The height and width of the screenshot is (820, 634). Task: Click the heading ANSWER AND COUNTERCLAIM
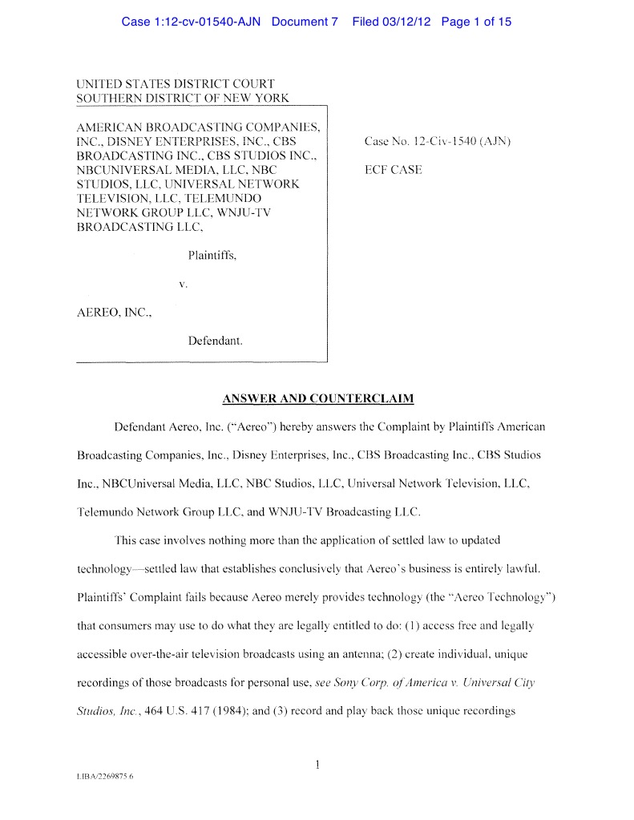click(317, 398)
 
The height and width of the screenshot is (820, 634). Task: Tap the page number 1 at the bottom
click(317, 765)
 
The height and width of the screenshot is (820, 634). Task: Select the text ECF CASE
click(393, 170)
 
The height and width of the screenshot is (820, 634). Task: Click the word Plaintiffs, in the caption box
click(212, 256)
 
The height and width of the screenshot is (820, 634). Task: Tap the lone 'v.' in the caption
click(183, 284)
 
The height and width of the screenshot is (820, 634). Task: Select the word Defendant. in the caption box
click(215, 341)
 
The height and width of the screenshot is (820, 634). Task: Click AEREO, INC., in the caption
click(113, 312)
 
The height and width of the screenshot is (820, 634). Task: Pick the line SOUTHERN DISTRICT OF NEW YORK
click(182, 98)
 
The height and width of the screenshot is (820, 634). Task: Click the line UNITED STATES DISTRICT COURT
click(176, 83)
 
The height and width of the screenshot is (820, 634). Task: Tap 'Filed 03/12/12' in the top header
click(391, 22)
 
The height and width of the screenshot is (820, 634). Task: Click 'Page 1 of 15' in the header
click(475, 22)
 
